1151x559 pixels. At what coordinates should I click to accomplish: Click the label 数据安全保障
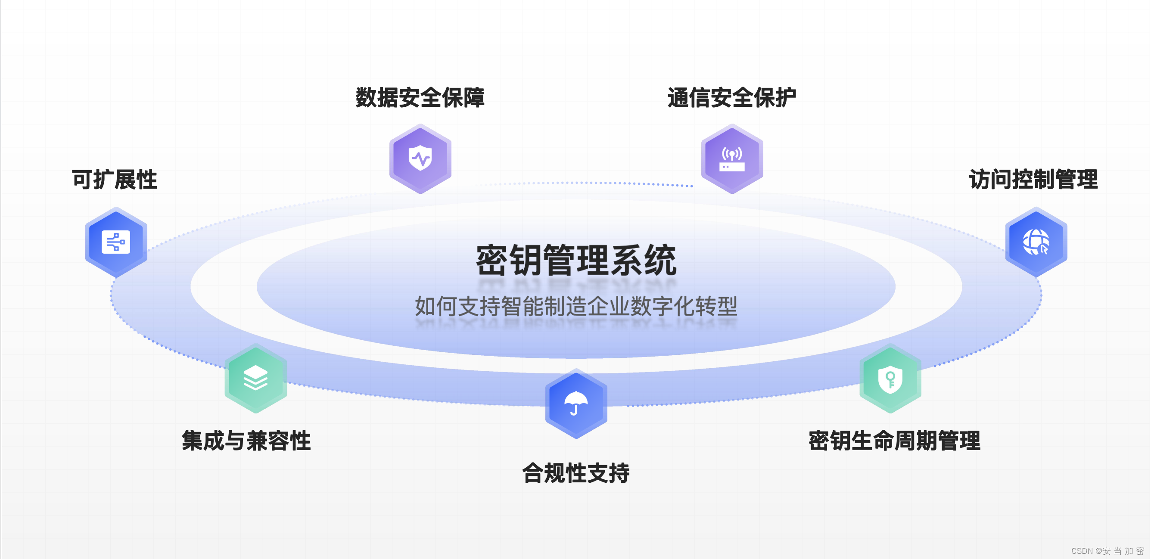[420, 97]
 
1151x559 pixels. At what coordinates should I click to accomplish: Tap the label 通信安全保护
[731, 97]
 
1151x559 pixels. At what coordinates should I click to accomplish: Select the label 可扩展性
[115, 180]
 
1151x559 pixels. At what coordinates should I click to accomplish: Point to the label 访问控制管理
[1033, 180]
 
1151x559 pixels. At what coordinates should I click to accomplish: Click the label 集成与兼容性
[246, 441]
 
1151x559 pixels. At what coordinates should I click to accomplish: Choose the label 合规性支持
[576, 473]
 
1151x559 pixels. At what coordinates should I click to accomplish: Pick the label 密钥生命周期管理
[895, 441]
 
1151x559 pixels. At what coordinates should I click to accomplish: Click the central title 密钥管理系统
[576, 261]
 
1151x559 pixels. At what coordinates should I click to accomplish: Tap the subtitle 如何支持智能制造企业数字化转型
[576, 307]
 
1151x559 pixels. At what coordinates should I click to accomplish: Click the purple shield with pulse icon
[420, 158]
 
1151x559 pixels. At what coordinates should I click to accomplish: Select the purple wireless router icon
[732, 159]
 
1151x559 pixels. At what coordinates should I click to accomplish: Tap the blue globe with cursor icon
[1036, 242]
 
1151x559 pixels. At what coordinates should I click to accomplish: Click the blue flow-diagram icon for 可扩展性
[116, 242]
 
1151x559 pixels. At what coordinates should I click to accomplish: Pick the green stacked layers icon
[255, 378]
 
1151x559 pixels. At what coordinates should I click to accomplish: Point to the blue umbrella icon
[576, 404]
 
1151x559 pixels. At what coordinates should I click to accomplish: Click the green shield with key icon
[890, 379]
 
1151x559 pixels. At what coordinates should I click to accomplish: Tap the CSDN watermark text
[1107, 551]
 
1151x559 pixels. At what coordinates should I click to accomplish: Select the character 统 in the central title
[660, 261]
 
